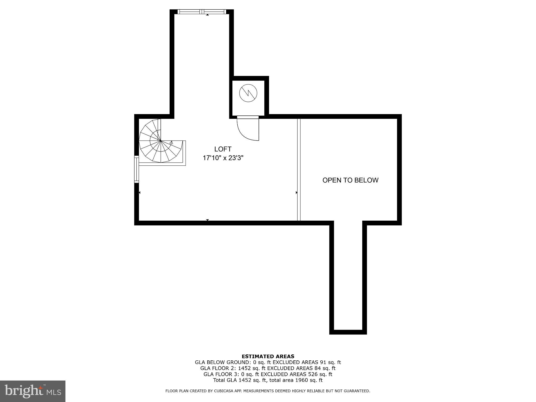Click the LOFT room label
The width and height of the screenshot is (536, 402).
click(223, 149)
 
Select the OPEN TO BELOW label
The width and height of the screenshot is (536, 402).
click(350, 180)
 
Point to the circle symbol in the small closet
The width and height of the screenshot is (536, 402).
click(248, 93)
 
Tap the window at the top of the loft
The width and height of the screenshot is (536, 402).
click(202, 12)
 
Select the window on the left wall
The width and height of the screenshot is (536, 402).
click(136, 169)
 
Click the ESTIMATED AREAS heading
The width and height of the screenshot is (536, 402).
click(268, 356)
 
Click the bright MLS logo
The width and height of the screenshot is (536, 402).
click(33, 391)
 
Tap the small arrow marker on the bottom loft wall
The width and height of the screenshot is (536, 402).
click(207, 220)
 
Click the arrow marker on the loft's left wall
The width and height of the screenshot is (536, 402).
click(139, 193)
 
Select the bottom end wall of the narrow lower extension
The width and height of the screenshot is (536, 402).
click(348, 332)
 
